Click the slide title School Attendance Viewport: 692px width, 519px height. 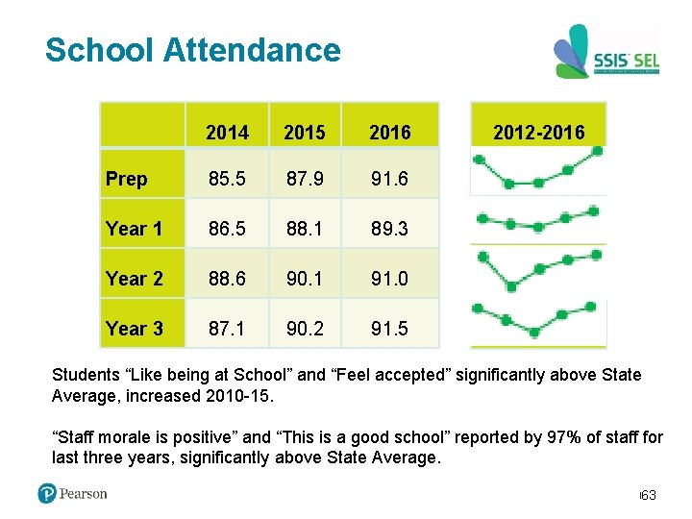(x=192, y=50)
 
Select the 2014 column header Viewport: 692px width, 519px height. (x=228, y=133)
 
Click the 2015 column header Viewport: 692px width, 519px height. (x=304, y=133)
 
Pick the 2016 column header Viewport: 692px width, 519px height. (x=389, y=133)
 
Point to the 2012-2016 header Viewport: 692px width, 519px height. (x=537, y=133)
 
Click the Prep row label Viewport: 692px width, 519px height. (x=127, y=179)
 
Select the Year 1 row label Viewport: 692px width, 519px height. (x=134, y=229)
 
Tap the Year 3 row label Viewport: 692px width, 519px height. (x=134, y=329)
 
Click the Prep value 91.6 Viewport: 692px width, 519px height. (x=389, y=179)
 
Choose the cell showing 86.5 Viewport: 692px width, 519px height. (x=228, y=229)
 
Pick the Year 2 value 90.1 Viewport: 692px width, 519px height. (x=304, y=279)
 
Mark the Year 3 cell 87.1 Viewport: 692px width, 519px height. (x=228, y=329)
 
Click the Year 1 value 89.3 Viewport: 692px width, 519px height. (x=389, y=229)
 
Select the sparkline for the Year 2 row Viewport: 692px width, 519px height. (x=537, y=269)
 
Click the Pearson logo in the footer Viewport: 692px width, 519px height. (x=72, y=494)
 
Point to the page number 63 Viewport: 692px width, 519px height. (x=649, y=495)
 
